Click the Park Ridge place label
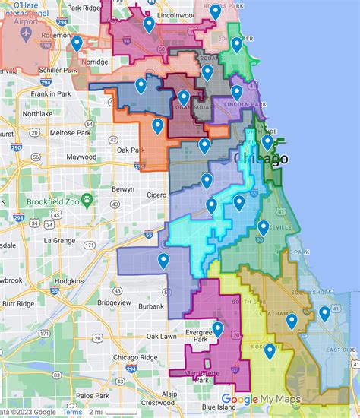84,8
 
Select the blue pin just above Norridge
77,43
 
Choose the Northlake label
38,113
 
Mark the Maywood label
81,157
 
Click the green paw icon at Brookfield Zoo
87,200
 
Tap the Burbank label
151,306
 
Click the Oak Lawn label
162,336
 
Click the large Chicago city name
261,159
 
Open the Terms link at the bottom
73,412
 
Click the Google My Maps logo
261,400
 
